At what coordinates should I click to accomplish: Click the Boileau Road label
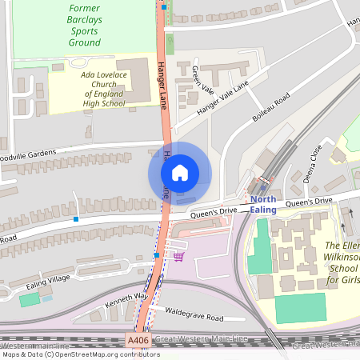pyautogui.click(x=270, y=107)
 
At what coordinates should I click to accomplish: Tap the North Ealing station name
pyautogui.click(x=262, y=204)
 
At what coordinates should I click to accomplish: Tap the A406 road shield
pyautogui.click(x=138, y=341)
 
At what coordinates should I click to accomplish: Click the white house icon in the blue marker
pyautogui.click(x=180, y=173)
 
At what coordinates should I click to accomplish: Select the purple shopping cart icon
pyautogui.click(x=178, y=256)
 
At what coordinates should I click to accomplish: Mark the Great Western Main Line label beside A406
pyautogui.click(x=200, y=340)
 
